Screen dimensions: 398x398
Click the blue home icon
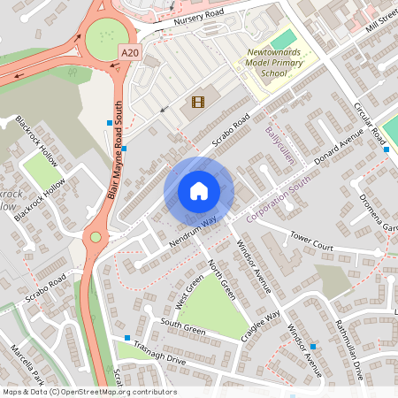(198, 191)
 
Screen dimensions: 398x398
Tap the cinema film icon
(196, 102)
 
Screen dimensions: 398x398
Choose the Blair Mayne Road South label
(115, 151)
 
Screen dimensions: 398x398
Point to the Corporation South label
(282, 204)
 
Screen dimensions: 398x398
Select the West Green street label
(188, 289)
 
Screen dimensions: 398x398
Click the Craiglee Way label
(261, 325)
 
